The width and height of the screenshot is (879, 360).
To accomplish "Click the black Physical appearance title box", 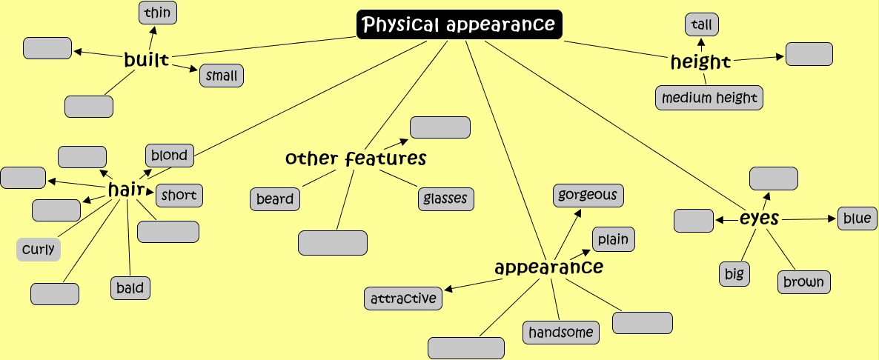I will coord(460,24).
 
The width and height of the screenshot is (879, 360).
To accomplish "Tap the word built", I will coord(147,60).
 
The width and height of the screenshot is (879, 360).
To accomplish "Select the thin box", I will coord(158,13).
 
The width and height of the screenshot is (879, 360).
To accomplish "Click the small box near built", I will coord(222,76).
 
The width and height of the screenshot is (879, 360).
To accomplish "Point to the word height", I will coord(700,62).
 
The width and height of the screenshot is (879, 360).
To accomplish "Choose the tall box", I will coord(701,24).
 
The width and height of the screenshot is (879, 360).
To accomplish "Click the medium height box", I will coord(709,98).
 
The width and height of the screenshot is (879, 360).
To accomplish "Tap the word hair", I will coord(125,190).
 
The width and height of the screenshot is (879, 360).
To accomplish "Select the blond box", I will coord(170,156).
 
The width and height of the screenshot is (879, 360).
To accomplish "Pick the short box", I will coord(179,196).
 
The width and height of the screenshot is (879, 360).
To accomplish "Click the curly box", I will coord(39,250).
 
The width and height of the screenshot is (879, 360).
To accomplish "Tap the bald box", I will coord(130,287).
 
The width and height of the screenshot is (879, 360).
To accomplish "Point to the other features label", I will coord(356,159).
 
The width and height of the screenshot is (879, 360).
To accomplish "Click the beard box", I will coord(275,199).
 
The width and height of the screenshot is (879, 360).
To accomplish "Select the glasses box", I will coord(445,199).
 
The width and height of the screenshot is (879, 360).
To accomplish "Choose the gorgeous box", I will coord(588,196).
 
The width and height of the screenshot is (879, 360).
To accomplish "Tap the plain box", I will coord(613,239).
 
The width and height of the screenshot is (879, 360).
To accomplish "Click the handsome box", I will coord(562,333).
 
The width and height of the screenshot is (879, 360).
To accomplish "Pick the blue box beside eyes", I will coord(858,219).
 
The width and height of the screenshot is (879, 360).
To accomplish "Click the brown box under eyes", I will coord(803,282).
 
